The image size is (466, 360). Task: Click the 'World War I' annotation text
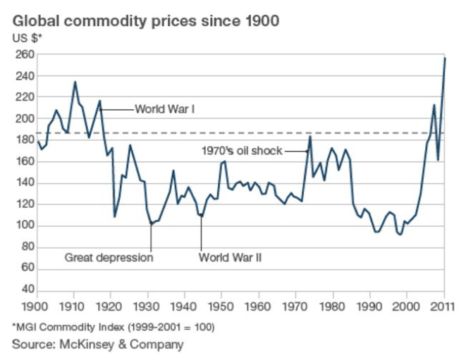164,109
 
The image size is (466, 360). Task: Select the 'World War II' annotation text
231,258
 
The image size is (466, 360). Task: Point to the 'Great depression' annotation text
109,258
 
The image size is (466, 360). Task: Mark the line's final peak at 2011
445,58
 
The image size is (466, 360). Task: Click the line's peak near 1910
75,82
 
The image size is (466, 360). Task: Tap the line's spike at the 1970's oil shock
310,137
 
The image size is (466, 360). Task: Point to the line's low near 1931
151,224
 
